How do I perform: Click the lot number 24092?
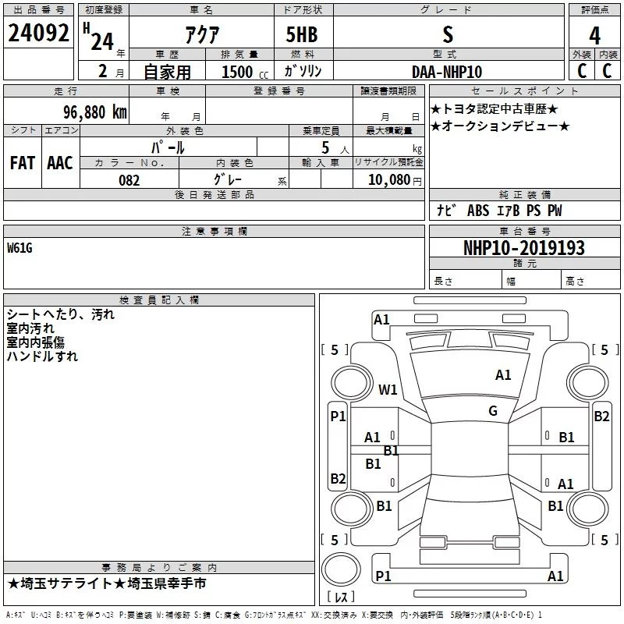38,33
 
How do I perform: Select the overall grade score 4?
594,36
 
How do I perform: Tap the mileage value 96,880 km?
95,112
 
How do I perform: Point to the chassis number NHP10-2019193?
524,248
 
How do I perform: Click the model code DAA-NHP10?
447,72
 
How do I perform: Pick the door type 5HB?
302,34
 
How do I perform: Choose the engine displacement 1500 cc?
245,72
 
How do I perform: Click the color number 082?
129,180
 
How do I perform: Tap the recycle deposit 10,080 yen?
395,180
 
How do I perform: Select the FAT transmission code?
23,163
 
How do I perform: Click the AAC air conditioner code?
60,163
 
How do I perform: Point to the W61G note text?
19,248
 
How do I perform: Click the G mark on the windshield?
493,411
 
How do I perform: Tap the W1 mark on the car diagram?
388,389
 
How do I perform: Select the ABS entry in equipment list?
478,211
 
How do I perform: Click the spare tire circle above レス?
341,569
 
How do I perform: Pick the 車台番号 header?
525,231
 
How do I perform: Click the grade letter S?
448,34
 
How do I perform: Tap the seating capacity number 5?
325,147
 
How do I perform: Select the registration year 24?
102,42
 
